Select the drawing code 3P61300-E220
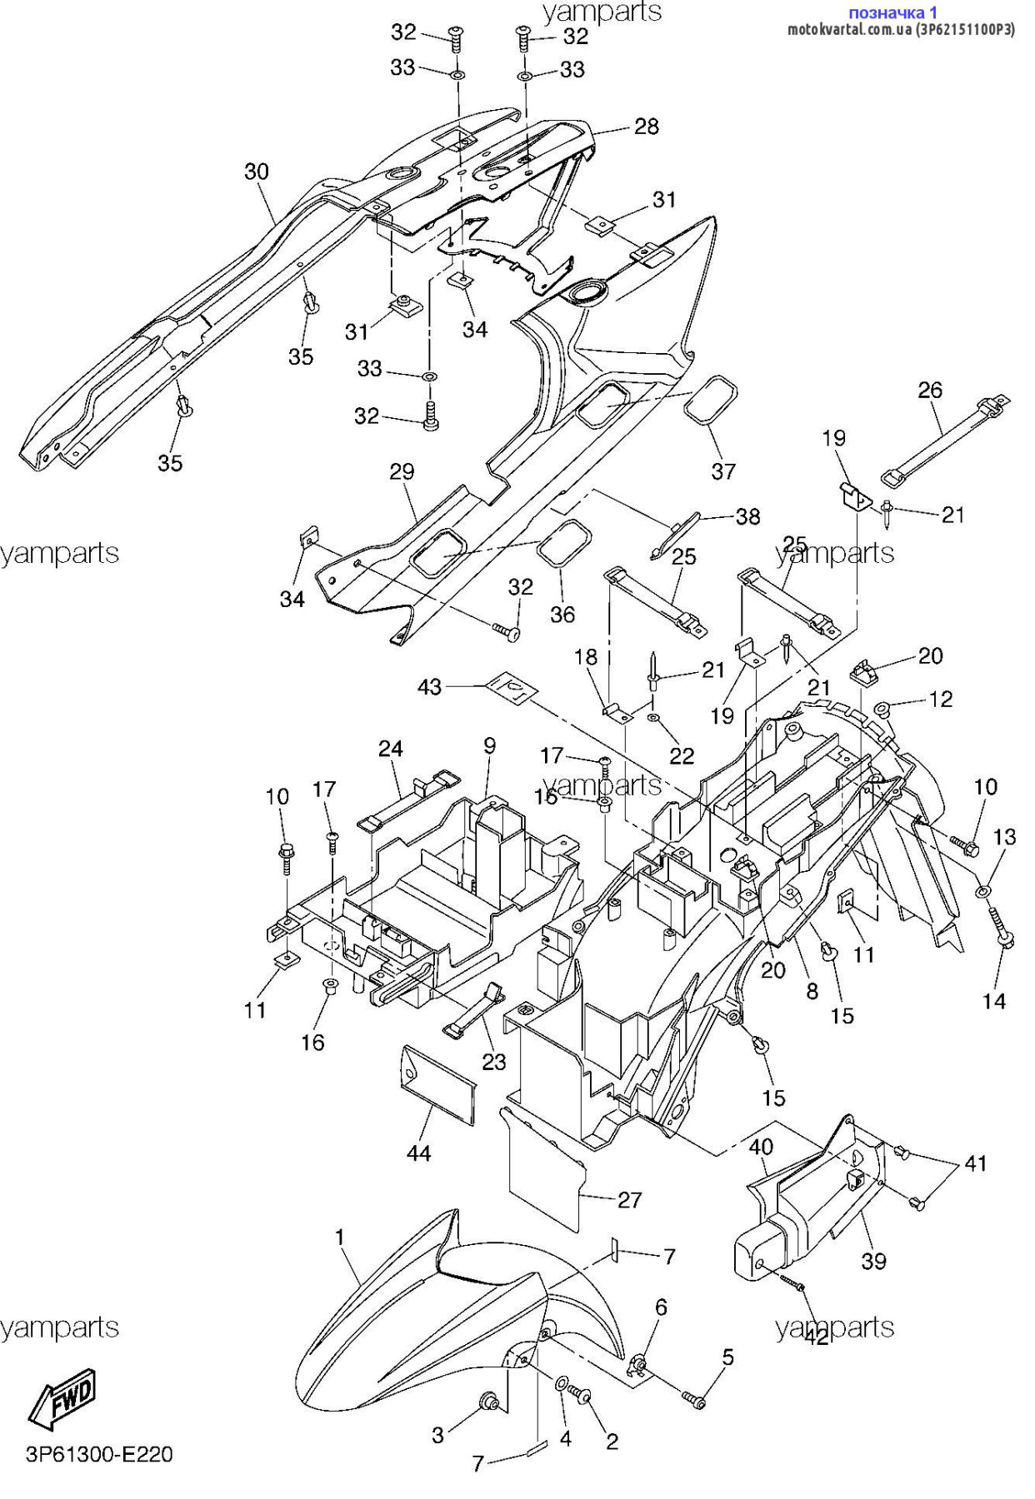tap(100, 1454)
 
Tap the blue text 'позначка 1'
tap(892, 12)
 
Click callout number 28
tap(647, 127)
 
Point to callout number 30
tap(257, 172)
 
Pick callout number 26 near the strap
tap(930, 390)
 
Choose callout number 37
tap(723, 471)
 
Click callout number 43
tap(430, 687)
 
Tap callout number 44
tap(418, 1153)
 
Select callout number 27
tap(630, 1199)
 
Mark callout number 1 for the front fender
tap(340, 1238)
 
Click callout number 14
tap(994, 1001)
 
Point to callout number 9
tap(490, 746)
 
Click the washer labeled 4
tap(562, 1384)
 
